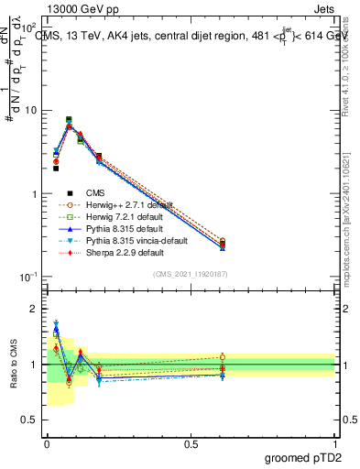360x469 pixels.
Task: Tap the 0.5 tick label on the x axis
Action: (x=191, y=442)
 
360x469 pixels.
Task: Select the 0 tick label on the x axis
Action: (x=47, y=442)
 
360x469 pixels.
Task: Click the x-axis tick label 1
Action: (x=335, y=442)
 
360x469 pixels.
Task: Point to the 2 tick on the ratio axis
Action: (x=34, y=309)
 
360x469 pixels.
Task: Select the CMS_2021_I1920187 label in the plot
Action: (x=191, y=275)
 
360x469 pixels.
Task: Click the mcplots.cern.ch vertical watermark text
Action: (x=349, y=229)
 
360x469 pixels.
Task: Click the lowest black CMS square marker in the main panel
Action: (x=56, y=169)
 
